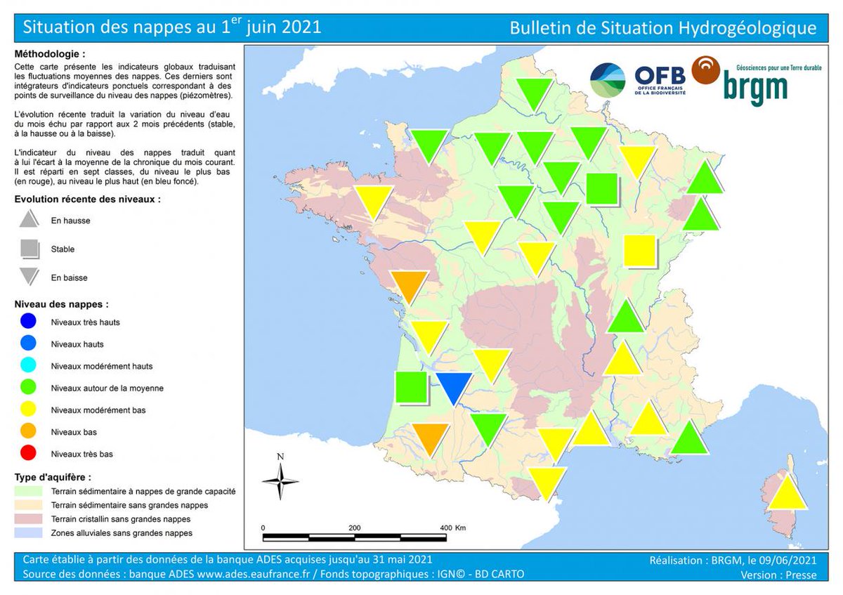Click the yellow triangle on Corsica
click(x=787, y=494)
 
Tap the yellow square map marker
click(x=639, y=251)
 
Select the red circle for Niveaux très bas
click(x=28, y=454)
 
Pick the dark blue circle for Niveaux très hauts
click(x=28, y=322)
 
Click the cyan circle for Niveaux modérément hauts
click(x=28, y=365)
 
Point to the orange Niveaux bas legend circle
click(x=28, y=431)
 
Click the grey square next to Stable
click(x=30, y=249)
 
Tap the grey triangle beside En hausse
click(x=29, y=219)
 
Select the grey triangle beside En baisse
click(x=29, y=276)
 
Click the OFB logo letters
click(x=660, y=76)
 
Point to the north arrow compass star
click(x=280, y=481)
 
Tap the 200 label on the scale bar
click(x=355, y=528)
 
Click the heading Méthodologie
click(x=50, y=54)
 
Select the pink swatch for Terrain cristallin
click(x=28, y=519)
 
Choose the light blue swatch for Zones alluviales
click(x=28, y=533)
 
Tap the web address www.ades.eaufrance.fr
click(x=254, y=575)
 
